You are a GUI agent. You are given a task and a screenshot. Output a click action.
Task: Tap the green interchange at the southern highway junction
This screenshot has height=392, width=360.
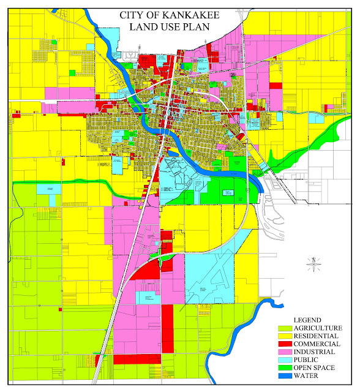[x=163, y=261]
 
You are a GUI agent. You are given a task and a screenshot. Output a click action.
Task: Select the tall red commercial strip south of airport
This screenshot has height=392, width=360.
[x=167, y=331]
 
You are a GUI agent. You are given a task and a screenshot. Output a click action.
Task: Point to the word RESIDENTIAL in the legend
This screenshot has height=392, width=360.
[x=317, y=337]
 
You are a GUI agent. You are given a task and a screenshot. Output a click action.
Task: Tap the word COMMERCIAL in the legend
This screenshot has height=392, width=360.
[x=317, y=345]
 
